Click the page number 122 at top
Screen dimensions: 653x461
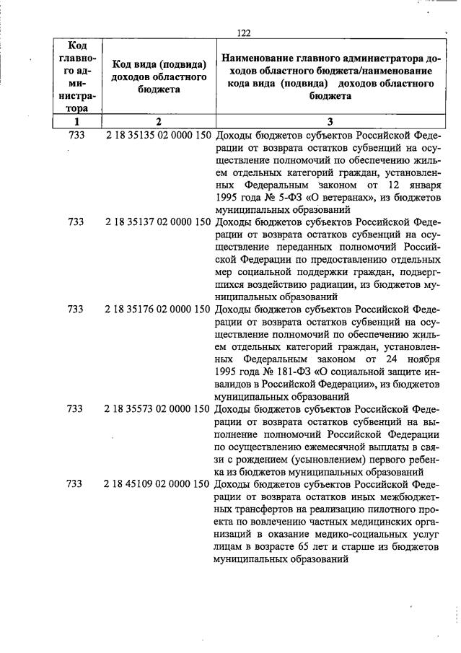pos(243,33)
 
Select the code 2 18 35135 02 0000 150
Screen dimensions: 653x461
pos(159,136)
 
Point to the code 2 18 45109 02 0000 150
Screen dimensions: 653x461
pos(159,483)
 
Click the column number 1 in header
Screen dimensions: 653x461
pos(75,121)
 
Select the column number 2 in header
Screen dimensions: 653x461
pos(159,121)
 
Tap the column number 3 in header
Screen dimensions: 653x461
pos(329,121)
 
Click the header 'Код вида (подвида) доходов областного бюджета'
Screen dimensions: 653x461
pos(159,77)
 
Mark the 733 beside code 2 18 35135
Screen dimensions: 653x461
pos(75,136)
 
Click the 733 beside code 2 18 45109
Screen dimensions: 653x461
pos(75,483)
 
